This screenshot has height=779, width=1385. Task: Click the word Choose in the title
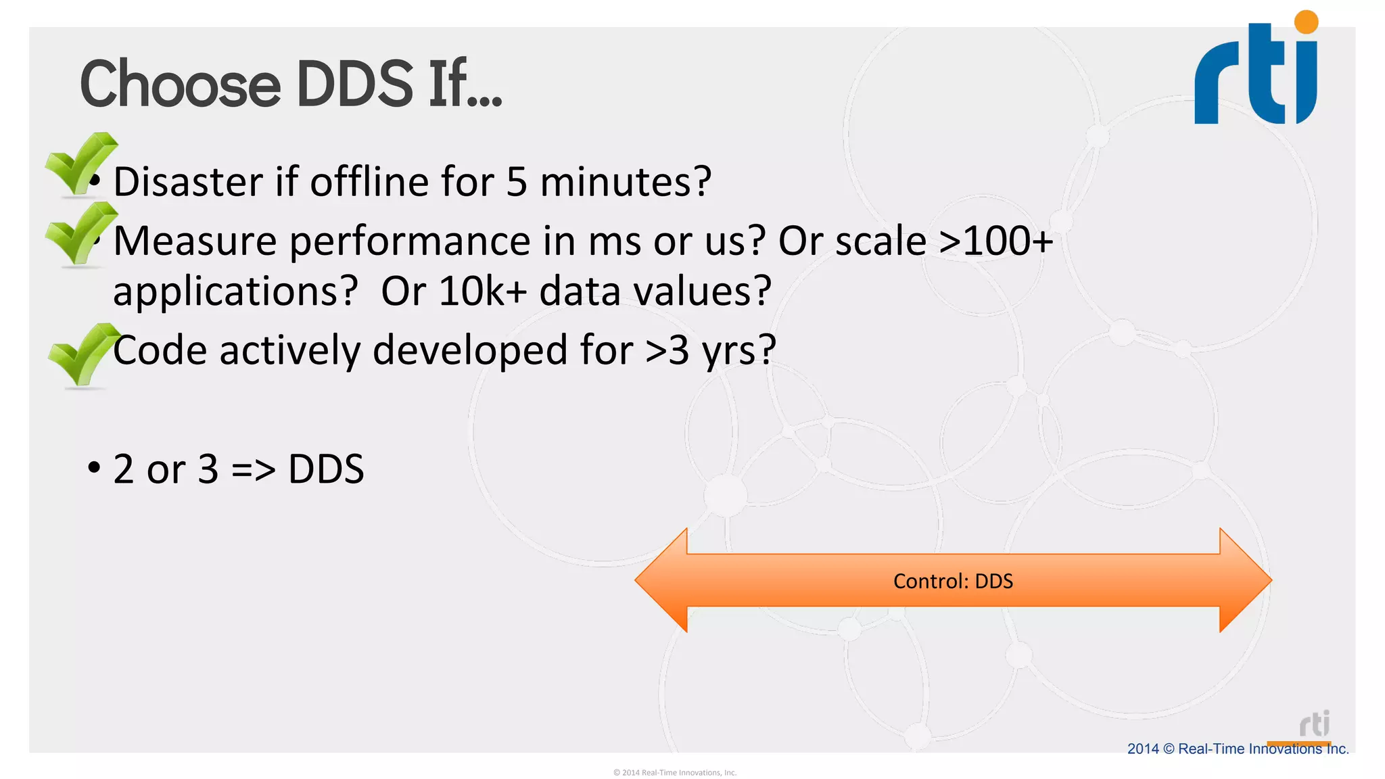[180, 85]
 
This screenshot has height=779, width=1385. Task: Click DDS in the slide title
[354, 85]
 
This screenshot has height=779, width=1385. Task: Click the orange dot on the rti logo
[1306, 22]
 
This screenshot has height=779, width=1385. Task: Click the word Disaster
[188, 182]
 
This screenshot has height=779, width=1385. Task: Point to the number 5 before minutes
[516, 182]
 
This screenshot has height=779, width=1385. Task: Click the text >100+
[995, 241]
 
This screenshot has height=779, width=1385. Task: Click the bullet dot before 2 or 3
[94, 467]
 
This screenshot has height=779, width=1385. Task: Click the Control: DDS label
[953, 581]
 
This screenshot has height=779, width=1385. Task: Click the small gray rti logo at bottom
[1314, 724]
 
